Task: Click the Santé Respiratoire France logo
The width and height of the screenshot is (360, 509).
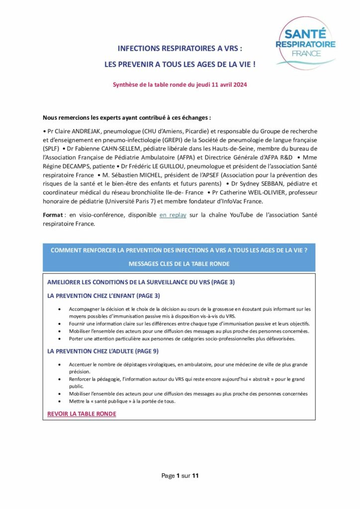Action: [305, 42]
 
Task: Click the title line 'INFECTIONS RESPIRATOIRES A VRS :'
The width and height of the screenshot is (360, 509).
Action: [180, 49]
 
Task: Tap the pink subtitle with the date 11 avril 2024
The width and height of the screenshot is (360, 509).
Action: [180, 85]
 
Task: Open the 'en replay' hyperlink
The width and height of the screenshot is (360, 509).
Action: [173, 215]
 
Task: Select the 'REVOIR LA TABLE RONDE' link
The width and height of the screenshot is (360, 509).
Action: [82, 414]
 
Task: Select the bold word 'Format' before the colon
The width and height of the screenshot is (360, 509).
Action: [53, 215]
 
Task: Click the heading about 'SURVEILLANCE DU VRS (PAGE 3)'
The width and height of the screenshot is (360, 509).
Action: [141, 282]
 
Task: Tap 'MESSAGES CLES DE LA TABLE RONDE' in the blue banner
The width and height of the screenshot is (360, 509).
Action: [179, 263]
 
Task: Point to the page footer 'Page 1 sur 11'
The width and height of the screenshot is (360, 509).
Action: [180, 476]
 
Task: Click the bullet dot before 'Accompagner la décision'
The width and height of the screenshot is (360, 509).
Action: [60, 309]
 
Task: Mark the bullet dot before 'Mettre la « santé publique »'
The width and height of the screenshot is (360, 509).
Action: [60, 401]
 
